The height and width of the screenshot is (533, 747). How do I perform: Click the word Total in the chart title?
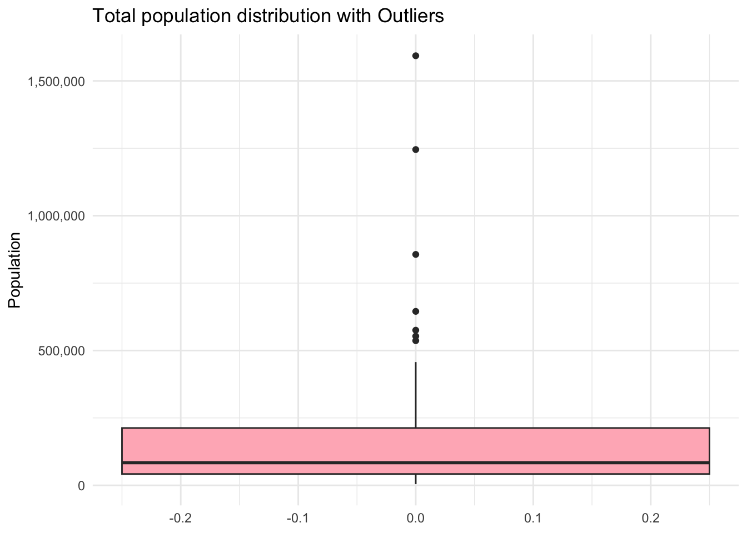[x=114, y=16]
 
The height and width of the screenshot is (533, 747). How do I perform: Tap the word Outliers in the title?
[x=411, y=16]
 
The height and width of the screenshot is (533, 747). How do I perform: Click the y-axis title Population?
[x=14, y=270]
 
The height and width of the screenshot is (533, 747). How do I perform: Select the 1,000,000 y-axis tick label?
[x=56, y=216]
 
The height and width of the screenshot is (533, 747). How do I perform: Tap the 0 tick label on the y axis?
[x=81, y=485]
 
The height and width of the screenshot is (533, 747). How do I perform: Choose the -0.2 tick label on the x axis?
[x=180, y=519]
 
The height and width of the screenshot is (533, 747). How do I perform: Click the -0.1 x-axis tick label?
[x=298, y=519]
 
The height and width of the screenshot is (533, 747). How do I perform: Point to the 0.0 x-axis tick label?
[x=416, y=519]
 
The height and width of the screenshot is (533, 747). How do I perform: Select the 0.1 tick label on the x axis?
[x=533, y=519]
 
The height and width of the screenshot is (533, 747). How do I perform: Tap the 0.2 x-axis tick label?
[x=651, y=519]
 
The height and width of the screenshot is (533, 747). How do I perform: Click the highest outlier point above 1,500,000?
[x=416, y=56]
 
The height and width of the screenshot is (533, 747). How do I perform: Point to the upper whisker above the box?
[x=416, y=394]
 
